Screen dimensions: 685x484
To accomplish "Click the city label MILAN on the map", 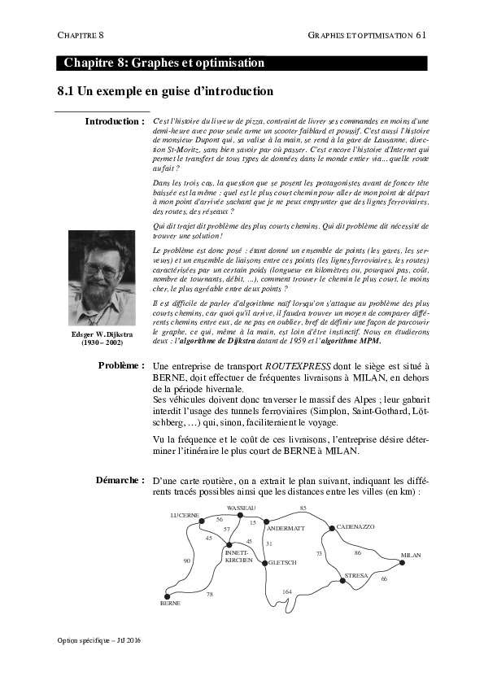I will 410,556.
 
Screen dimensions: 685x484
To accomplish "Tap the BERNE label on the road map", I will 170,604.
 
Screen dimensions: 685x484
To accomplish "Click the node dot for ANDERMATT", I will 266,521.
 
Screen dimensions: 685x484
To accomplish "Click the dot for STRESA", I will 341,580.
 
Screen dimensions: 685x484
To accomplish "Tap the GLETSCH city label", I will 282,562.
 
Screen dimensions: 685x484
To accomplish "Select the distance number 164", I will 286,591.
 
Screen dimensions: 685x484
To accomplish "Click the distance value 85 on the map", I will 303,508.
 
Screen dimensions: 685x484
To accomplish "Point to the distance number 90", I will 188,561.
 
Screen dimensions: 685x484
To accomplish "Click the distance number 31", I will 269,543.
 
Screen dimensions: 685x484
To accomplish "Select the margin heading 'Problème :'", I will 120,366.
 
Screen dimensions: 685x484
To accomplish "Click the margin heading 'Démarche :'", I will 120,481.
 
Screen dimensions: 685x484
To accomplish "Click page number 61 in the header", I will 421,35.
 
